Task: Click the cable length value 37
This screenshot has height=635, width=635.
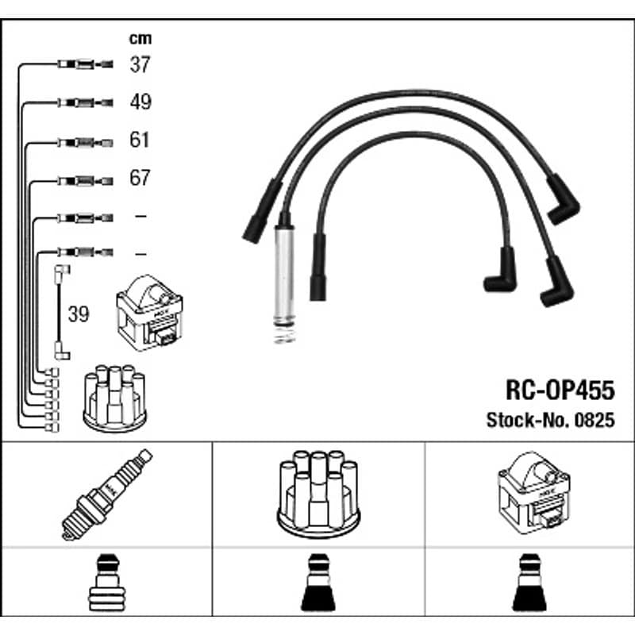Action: tap(140, 64)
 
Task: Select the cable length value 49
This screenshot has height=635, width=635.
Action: tap(140, 102)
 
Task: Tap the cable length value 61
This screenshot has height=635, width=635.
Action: tap(140, 140)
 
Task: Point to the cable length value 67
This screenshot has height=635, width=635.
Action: tap(140, 177)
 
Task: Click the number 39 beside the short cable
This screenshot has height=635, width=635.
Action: tap(78, 314)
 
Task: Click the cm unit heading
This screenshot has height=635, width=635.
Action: tap(140, 38)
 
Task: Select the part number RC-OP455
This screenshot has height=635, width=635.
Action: tap(560, 390)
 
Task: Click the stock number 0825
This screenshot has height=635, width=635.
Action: tap(595, 420)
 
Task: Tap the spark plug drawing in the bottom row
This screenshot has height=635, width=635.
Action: tap(107, 494)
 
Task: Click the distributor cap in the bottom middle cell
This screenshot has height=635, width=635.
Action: tap(318, 494)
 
